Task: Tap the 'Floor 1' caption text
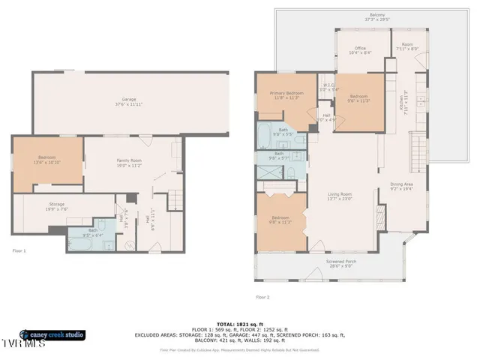(x=19, y=250)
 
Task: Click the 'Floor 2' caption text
(x=262, y=297)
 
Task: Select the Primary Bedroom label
(x=285, y=94)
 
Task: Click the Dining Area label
(x=402, y=186)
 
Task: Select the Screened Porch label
(x=341, y=264)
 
